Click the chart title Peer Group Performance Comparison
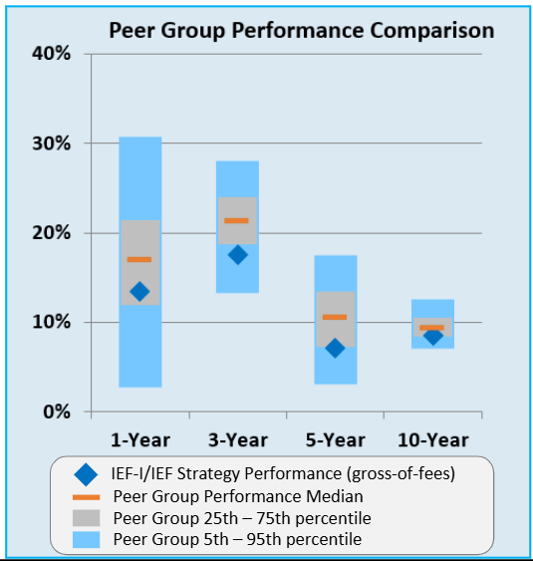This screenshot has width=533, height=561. pos(301,30)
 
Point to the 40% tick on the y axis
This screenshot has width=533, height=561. pos(50,53)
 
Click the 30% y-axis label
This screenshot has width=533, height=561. pos(50,142)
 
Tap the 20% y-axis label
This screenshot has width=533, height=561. pos(50,232)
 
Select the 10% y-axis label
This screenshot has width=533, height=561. pos(50,322)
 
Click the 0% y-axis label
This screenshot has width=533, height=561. pos(56,412)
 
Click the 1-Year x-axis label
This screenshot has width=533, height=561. pos(140,439)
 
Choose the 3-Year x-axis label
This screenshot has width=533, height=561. pos(237,439)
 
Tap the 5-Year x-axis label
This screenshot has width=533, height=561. pos(335,439)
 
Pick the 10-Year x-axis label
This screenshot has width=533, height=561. pos(432,439)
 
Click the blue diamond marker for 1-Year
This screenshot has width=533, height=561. pos(139,291)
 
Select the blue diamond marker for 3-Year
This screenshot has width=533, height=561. pos(237,254)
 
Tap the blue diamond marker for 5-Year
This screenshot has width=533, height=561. pos(335,348)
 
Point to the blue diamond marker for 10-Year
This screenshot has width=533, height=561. pos(432,336)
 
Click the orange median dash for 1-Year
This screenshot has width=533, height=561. pos(139,259)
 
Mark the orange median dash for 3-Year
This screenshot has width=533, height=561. pos(237,220)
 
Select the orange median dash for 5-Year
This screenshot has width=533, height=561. pos(335,317)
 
